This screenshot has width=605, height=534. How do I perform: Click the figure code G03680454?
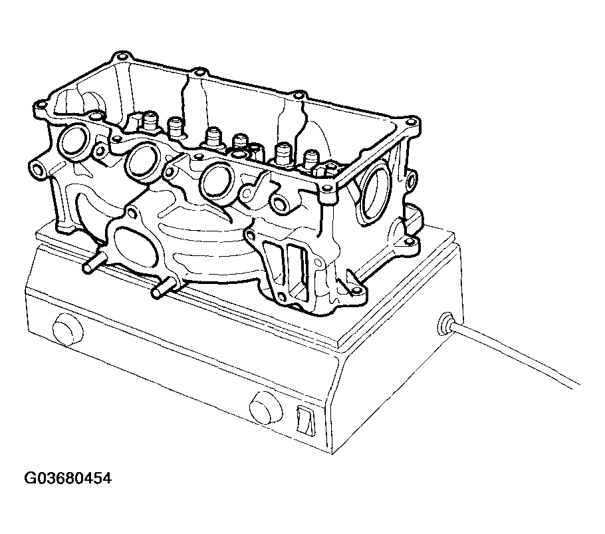coord(68,478)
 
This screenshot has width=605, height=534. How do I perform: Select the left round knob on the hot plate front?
coord(68,329)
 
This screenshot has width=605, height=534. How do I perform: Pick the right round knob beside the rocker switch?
coord(266,408)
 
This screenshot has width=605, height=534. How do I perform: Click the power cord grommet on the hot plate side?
coord(446,324)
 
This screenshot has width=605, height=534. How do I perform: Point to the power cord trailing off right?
coord(515,354)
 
